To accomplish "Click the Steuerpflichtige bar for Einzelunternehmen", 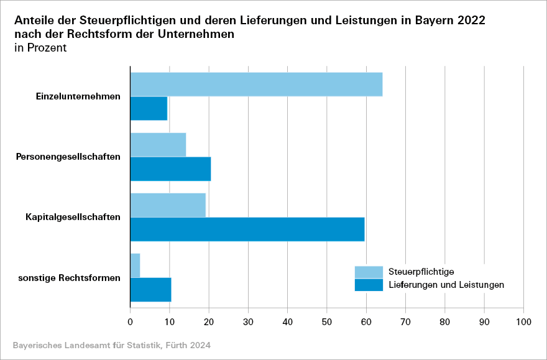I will click(x=256, y=85).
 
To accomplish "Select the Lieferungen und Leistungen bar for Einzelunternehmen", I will click(x=149, y=109).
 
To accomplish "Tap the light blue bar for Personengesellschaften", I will click(x=158, y=145).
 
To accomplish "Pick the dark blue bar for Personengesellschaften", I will click(x=170, y=168).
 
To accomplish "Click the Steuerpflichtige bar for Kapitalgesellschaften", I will click(x=168, y=205).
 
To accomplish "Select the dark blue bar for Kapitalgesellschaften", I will click(x=247, y=229).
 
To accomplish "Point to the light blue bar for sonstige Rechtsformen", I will click(x=136, y=265).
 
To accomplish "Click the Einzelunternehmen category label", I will click(x=78, y=96).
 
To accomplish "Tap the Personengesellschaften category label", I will click(x=68, y=157).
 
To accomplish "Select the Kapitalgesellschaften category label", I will click(x=73, y=217).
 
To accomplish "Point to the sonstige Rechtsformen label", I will click(x=69, y=278).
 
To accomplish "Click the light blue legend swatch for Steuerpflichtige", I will click(x=369, y=272).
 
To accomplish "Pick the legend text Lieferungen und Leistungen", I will click(x=446, y=285).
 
